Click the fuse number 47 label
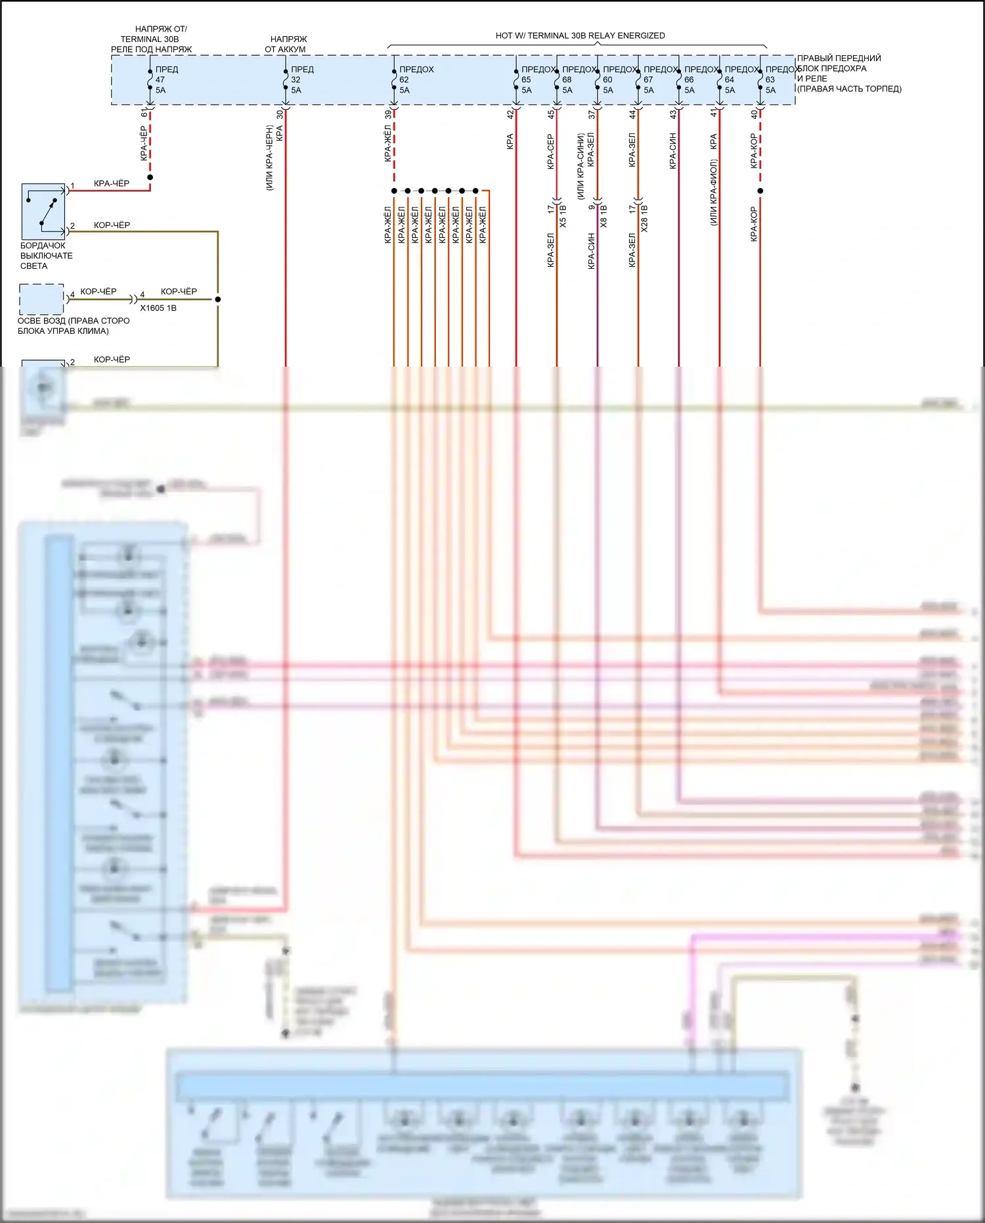160,80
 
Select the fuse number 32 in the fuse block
295,80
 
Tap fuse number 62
404,80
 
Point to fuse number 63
770,80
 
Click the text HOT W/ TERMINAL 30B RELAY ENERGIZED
580,35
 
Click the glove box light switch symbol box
43,212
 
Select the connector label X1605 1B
158,308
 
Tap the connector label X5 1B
563,216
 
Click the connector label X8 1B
603,216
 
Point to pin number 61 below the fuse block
144,114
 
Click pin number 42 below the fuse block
510,114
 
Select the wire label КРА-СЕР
550,152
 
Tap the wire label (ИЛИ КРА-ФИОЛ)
713,193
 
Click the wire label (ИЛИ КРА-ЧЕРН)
269,158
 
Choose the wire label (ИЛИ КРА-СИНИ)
580,166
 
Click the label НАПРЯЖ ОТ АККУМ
287,44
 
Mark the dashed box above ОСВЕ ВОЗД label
41,299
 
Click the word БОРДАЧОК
43,246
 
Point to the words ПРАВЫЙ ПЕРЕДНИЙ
839,58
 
